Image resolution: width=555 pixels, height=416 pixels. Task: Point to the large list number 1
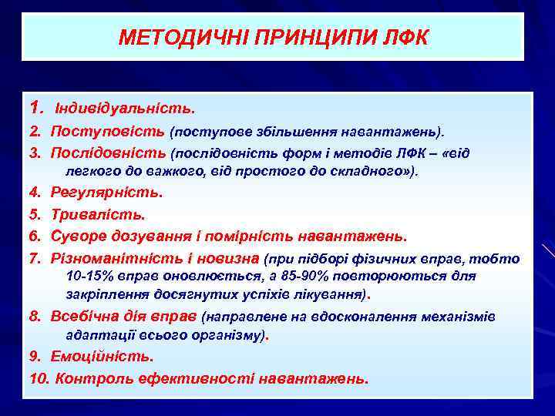35,105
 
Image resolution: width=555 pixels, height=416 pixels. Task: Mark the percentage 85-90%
329,277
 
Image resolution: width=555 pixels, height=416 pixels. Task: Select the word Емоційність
102,357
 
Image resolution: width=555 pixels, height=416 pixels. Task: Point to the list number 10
39,378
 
